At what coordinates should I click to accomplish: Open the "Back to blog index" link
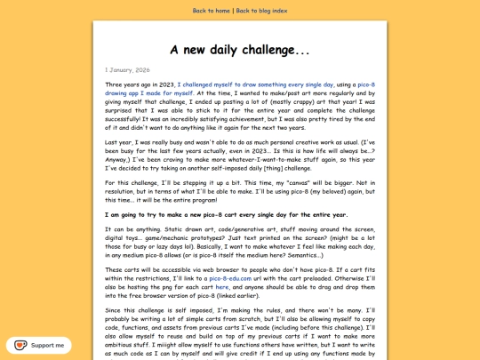(262, 11)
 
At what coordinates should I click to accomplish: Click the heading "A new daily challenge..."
(240, 49)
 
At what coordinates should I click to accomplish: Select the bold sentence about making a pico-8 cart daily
(226, 214)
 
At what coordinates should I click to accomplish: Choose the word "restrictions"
(138, 278)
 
